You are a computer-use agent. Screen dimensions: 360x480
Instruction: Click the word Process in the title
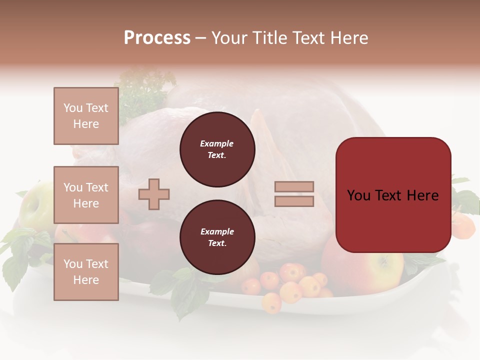pos(157,38)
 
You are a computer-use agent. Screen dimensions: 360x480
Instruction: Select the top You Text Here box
pos(86,116)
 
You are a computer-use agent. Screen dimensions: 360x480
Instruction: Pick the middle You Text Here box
pos(86,195)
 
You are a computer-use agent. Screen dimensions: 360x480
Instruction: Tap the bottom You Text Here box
pos(86,271)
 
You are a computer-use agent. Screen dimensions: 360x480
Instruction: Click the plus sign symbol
pos(154,194)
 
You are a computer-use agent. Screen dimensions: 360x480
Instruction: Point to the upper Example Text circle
pos(217,149)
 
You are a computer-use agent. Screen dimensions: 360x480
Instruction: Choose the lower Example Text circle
pos(217,237)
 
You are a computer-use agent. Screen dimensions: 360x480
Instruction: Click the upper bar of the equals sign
pos(294,186)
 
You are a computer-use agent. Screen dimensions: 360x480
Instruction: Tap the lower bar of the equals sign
pos(294,201)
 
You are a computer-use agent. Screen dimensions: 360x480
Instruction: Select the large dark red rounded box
pos(393,194)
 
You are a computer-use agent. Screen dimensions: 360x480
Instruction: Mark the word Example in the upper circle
pos(216,143)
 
